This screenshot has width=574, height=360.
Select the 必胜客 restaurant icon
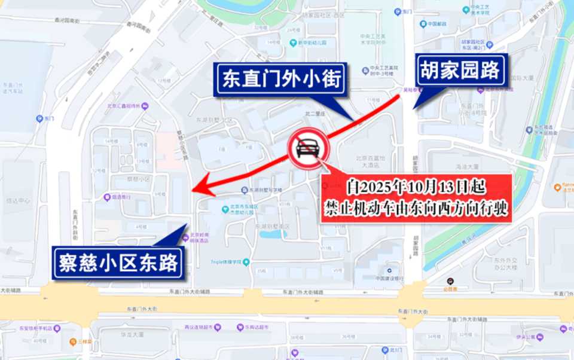[450, 282]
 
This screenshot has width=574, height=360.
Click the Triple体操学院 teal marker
[246, 262]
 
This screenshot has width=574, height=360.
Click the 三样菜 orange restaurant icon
[71, 342]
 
